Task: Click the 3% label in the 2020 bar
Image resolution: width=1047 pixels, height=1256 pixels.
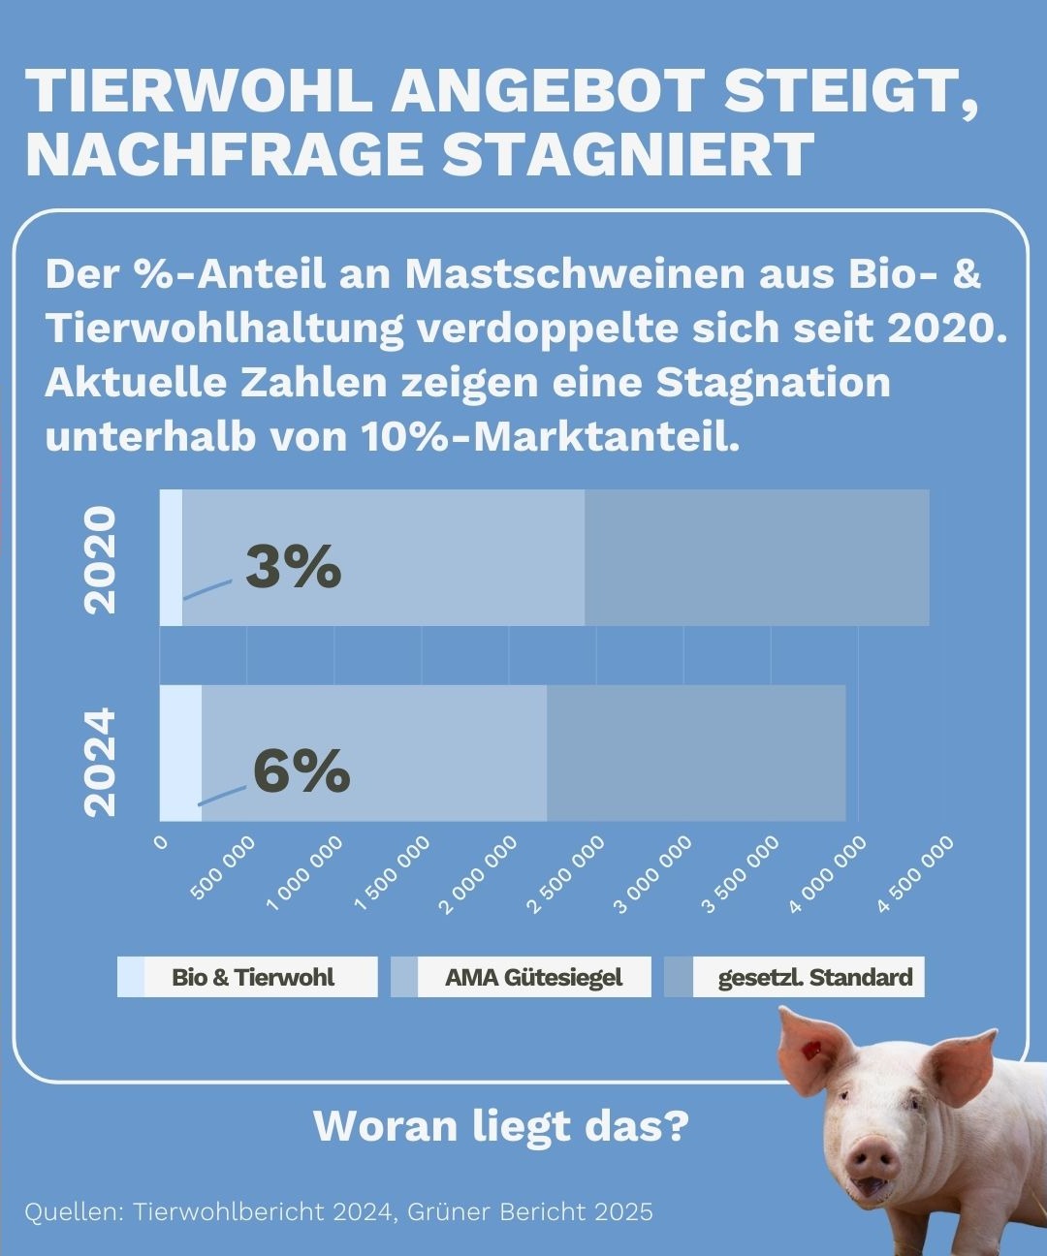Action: click(x=293, y=566)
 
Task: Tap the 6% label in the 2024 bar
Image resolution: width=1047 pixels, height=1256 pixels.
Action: click(x=301, y=770)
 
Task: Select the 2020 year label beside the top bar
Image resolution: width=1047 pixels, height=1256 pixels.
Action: click(x=101, y=560)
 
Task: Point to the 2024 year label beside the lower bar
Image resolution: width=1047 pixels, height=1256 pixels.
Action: click(x=101, y=763)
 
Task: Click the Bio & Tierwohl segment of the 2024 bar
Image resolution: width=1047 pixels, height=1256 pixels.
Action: click(x=180, y=752)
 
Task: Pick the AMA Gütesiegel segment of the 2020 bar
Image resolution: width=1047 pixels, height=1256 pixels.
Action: click(x=383, y=557)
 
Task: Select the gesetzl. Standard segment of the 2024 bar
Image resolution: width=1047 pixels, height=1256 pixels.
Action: click(x=696, y=752)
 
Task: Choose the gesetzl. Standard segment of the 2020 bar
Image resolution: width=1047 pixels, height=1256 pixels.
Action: click(x=756, y=557)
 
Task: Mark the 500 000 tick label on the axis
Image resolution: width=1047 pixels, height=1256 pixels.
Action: click(x=223, y=868)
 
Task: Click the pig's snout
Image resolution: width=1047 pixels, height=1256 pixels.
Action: click(x=872, y=1158)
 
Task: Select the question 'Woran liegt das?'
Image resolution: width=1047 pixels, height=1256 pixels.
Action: click(x=501, y=1126)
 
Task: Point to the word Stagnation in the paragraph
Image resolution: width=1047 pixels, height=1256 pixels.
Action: click(x=774, y=382)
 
